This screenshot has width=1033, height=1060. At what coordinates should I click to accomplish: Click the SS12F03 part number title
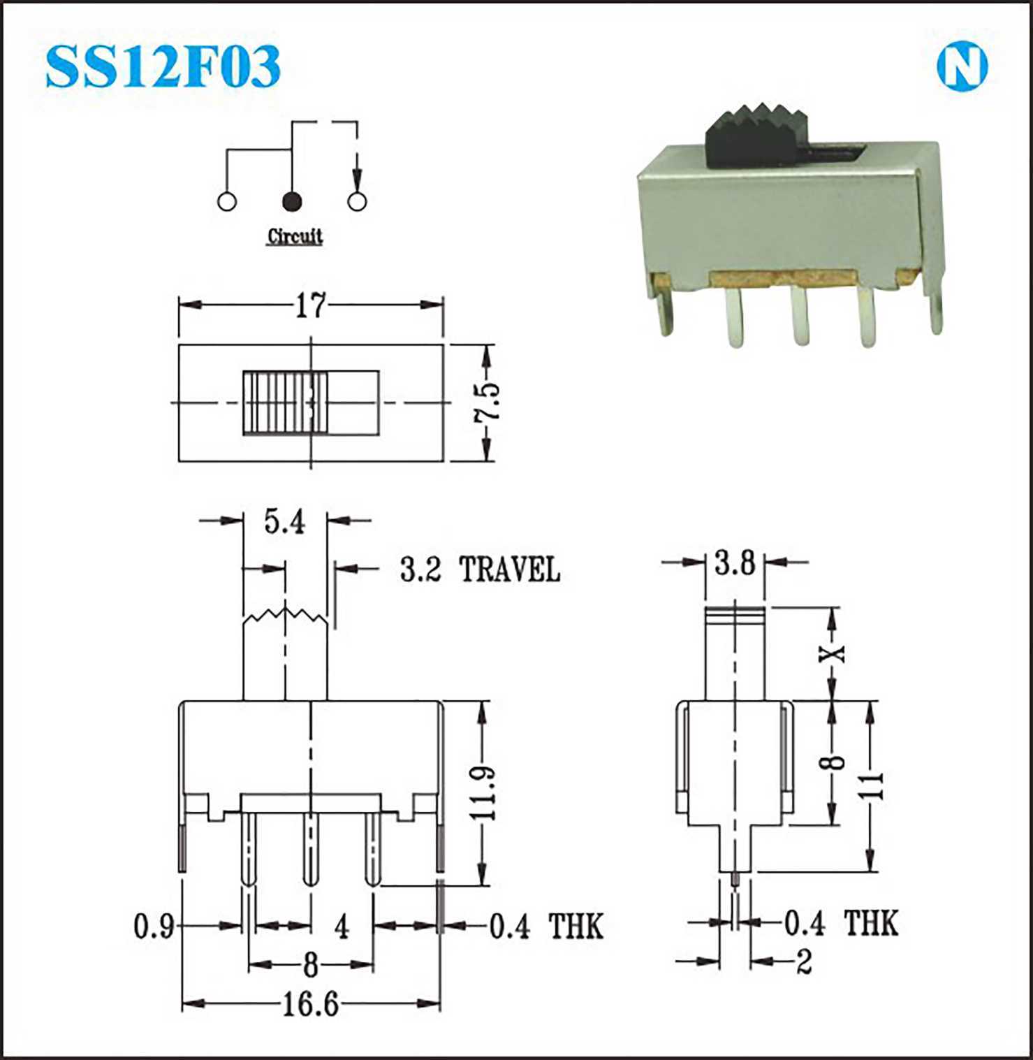(x=163, y=66)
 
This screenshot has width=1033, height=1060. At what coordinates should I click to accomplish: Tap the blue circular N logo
(x=962, y=67)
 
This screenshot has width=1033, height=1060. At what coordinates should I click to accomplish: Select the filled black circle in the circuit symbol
(x=291, y=201)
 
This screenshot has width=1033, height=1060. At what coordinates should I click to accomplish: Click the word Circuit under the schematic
(x=295, y=236)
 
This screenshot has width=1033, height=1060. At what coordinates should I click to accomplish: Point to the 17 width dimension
(x=310, y=305)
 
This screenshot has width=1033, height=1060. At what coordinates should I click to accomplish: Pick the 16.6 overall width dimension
(x=310, y=1005)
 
